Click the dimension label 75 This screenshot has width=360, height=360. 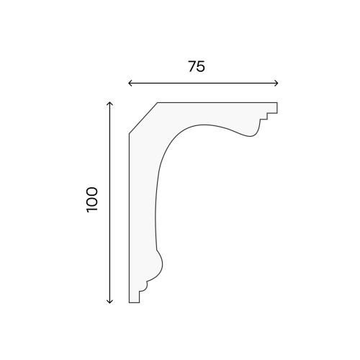tap(197, 66)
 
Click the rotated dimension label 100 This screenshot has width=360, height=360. tap(92, 199)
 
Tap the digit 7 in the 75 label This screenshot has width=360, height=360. tap(192, 66)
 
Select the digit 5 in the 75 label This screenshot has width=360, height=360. tap(201, 67)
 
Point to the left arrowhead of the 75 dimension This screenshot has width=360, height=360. tap(130, 84)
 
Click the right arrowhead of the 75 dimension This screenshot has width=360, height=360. tap(276, 84)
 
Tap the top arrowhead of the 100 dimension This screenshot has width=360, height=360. tap(109, 103)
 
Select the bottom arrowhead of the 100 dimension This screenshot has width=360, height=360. tap(109, 302)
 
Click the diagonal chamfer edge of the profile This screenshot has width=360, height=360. tap(143, 118)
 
